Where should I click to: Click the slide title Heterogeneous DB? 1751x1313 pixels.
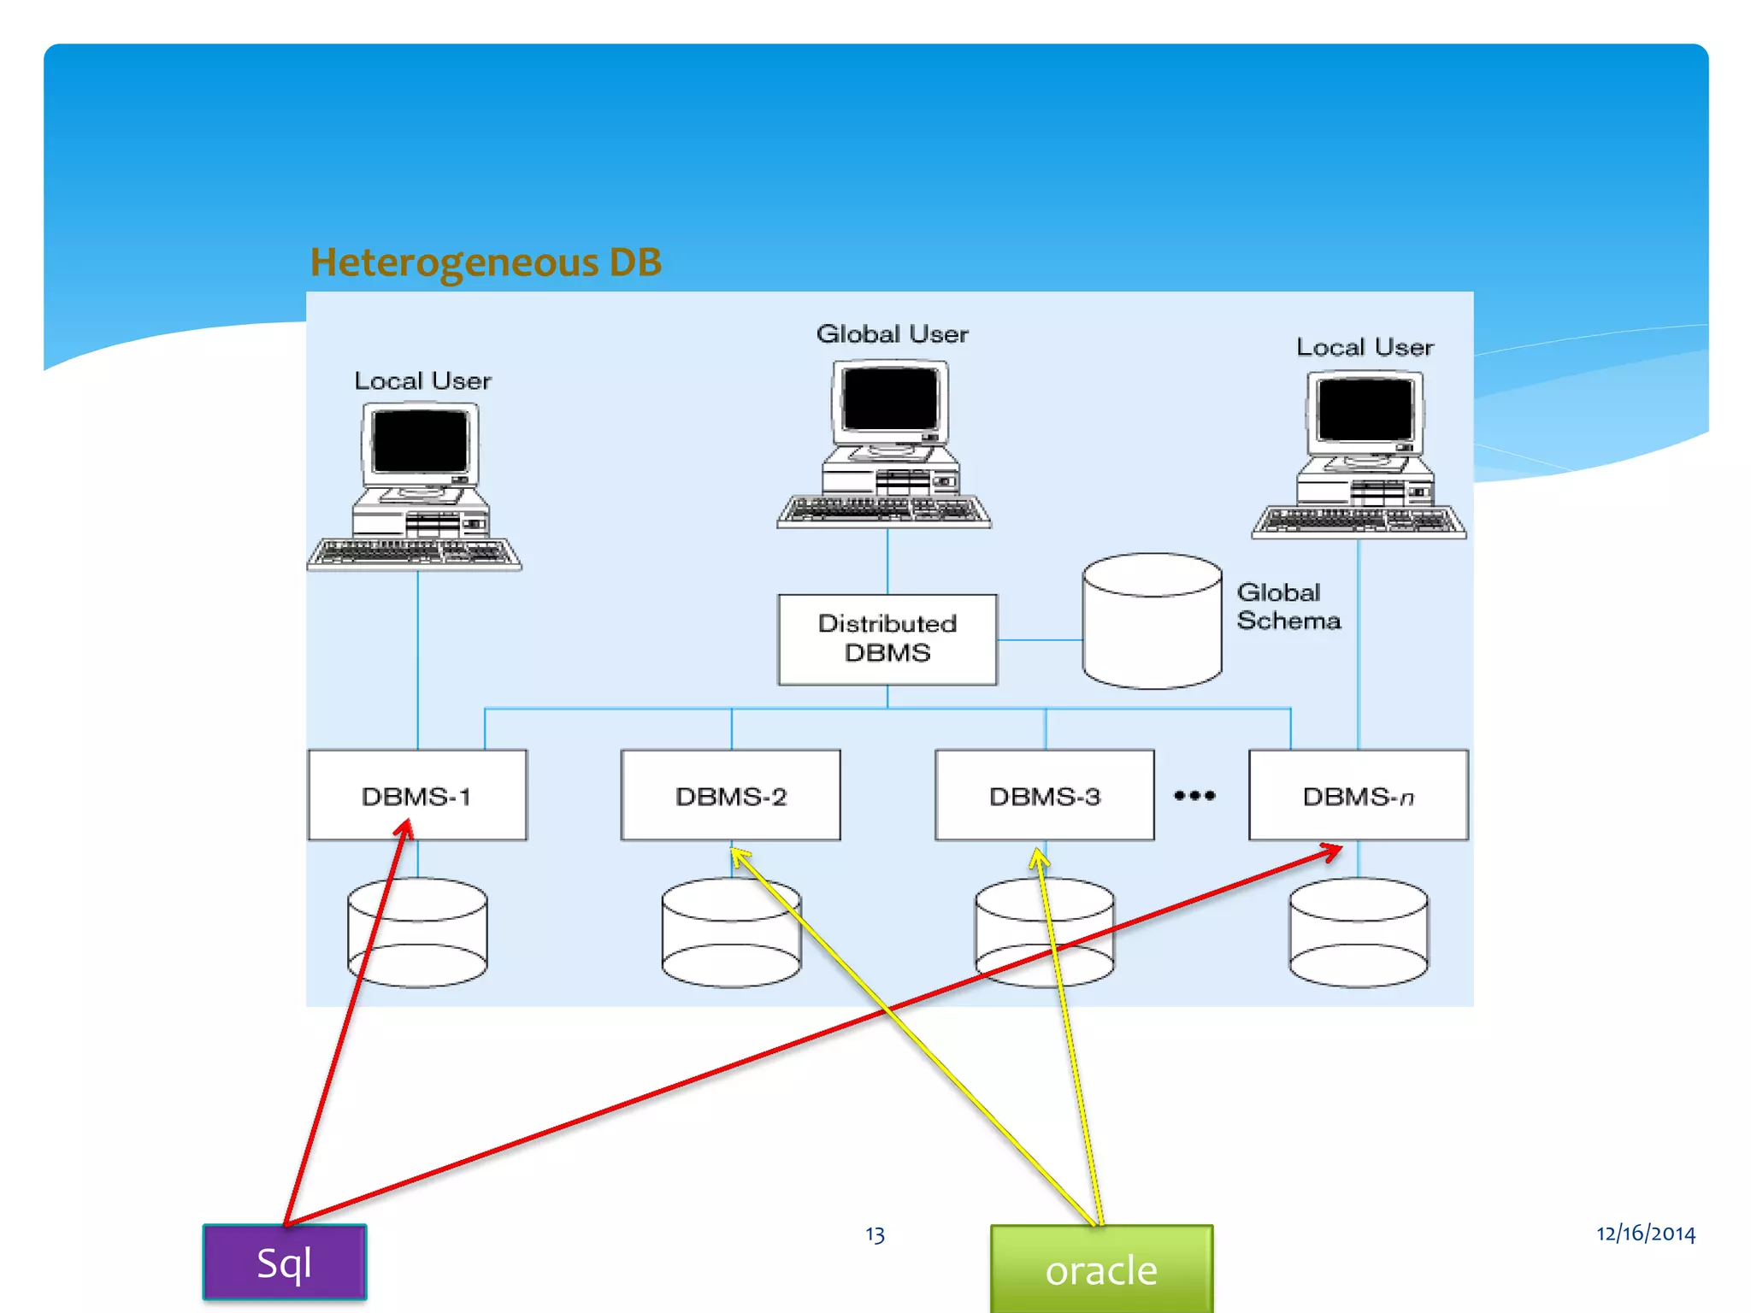pos(485,262)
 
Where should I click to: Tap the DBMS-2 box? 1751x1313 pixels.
pos(730,795)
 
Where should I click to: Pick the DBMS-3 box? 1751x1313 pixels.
pos(1044,795)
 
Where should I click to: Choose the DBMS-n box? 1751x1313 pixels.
pos(1358,795)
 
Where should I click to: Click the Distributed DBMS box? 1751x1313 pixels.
pos(887,639)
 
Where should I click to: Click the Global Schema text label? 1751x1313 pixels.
pos(1288,606)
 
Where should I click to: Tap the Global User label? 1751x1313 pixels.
pos(892,333)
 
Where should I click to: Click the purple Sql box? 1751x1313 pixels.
pos(284,1263)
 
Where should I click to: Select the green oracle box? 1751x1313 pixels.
pos(1100,1269)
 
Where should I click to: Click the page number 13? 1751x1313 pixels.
pos(875,1234)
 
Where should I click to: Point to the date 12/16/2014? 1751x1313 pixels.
pos(1645,1233)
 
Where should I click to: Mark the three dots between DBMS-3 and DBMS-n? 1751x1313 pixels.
pos(1194,795)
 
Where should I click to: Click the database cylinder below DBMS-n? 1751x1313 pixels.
pos(1358,933)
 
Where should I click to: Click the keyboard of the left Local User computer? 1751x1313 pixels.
pos(415,553)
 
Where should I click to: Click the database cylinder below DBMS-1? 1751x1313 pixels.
pos(416,933)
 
